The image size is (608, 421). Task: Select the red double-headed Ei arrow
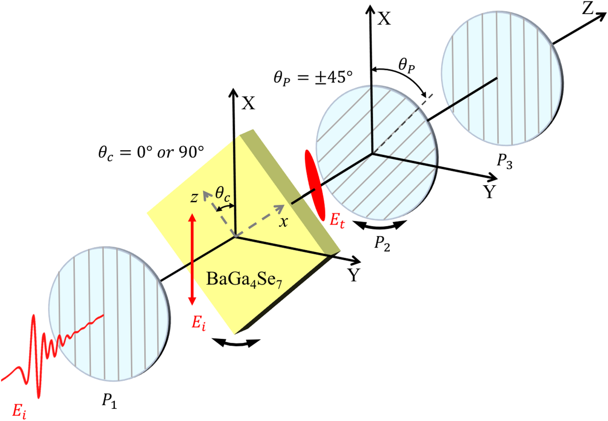click(193, 261)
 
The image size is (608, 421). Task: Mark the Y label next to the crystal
click(354, 276)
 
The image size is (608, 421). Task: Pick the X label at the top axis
click(385, 18)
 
